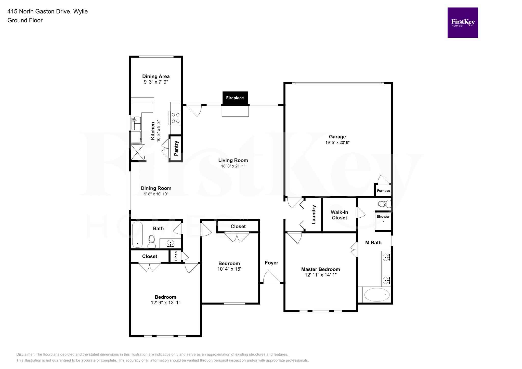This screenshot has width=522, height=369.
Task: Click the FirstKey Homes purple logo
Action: tap(462, 23)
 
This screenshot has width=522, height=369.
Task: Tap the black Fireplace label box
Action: tap(235, 98)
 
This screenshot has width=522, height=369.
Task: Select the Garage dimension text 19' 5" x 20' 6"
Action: tap(337, 142)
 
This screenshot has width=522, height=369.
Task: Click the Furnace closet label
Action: tap(383, 191)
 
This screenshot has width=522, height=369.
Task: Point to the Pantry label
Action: tap(176, 148)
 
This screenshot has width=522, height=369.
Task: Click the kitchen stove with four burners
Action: tap(175, 118)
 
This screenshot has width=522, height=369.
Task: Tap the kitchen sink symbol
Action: tap(136, 123)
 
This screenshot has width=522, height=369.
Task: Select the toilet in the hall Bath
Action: tap(152, 241)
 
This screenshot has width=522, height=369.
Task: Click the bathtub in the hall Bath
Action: tap(137, 234)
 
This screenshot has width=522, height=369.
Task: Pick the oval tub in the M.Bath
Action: tap(377, 295)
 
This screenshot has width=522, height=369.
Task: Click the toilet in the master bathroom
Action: tap(384, 204)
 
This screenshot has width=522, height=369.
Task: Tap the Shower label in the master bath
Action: tap(383, 217)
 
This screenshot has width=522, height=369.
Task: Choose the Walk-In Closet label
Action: tap(339, 215)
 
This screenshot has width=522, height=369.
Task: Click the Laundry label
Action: tap(314, 215)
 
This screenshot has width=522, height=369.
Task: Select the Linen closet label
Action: tap(176, 256)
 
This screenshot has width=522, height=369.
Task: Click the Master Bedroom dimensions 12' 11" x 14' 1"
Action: tap(320, 275)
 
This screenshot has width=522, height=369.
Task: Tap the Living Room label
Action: tap(233, 160)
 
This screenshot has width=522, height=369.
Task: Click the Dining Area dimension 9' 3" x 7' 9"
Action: tap(156, 82)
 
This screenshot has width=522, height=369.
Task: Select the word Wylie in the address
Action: tap(81, 11)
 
